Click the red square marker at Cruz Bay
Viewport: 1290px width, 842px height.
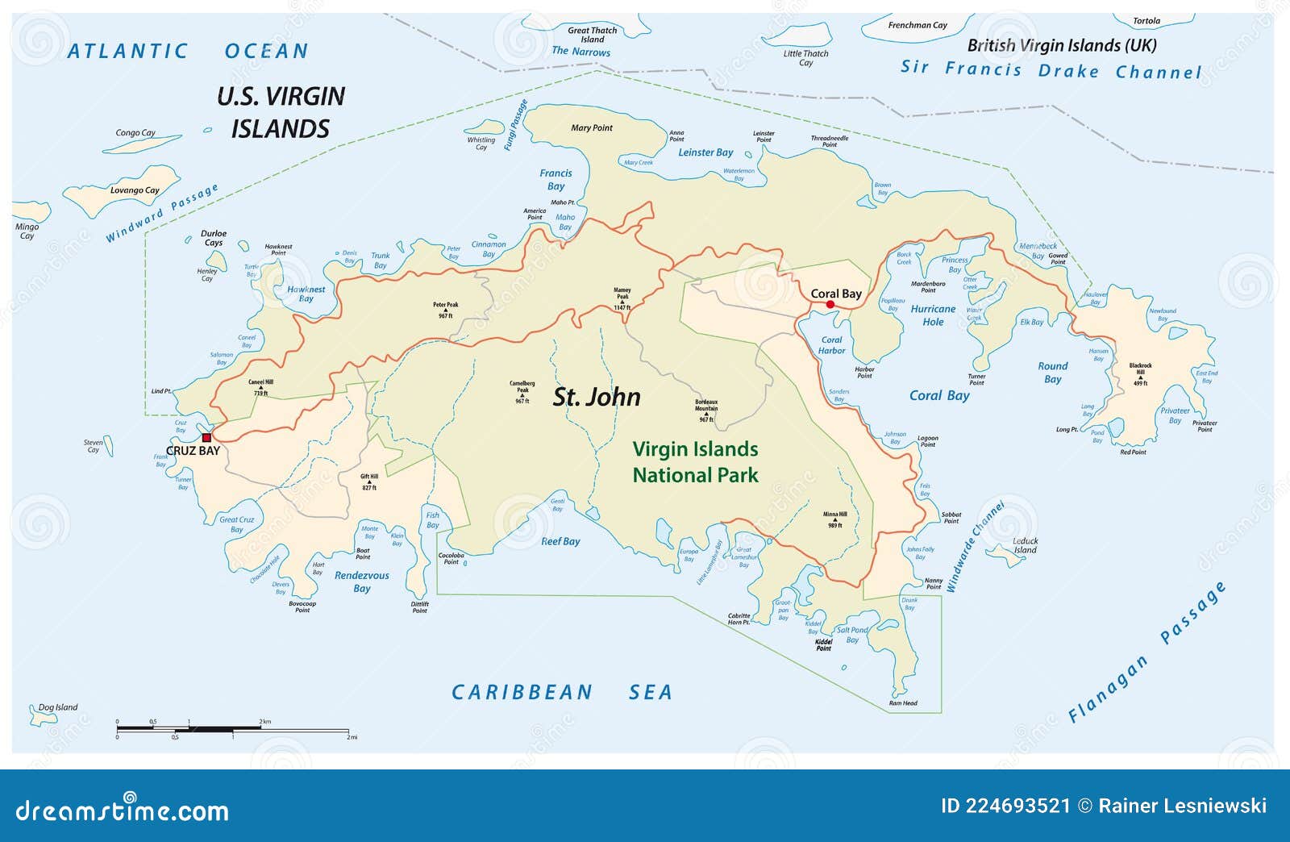[206, 438]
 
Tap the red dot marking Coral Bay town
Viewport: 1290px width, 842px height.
[830, 304]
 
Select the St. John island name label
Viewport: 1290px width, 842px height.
[597, 397]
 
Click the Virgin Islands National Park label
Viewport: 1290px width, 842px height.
[695, 462]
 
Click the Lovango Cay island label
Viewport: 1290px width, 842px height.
[135, 190]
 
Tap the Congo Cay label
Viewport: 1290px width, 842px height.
[135, 133]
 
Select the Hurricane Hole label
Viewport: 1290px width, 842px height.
[933, 315]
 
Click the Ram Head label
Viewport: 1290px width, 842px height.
[903, 703]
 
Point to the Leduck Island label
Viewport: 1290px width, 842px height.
[1025, 546]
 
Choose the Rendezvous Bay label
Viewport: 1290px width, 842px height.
[362, 581]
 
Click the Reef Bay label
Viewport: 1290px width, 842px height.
[560, 541]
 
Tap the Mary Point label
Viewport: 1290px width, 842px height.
[592, 127]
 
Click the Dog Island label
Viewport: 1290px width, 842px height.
[58, 707]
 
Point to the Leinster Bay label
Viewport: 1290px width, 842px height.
[705, 152]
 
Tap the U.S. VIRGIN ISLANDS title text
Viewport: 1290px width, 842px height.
[281, 113]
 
